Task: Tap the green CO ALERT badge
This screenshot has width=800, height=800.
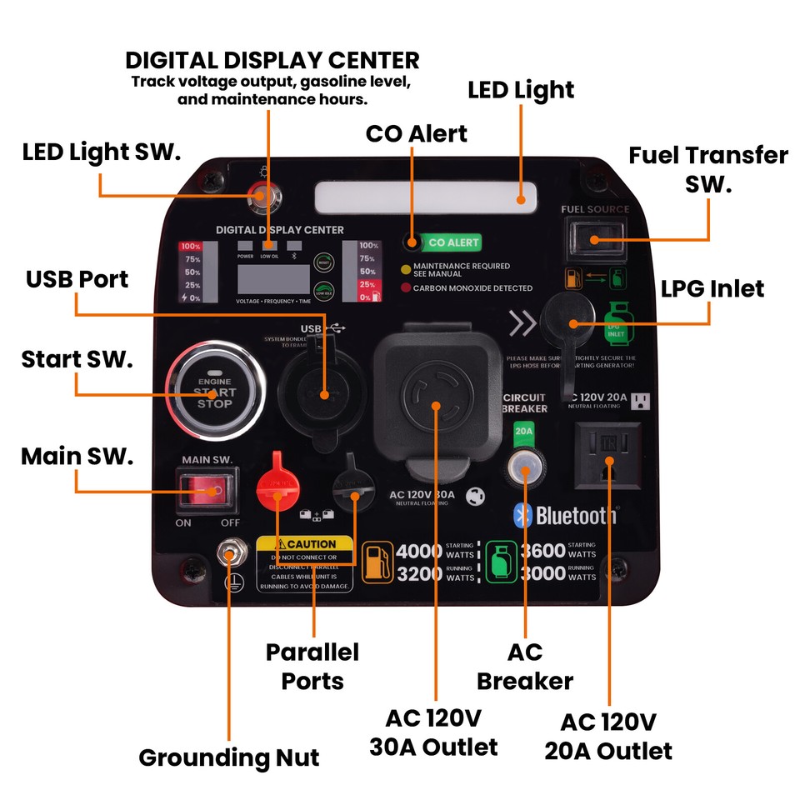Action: pos(452,242)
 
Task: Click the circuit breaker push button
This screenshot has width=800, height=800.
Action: pos(525,468)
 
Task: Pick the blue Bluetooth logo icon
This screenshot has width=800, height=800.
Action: pos(522,515)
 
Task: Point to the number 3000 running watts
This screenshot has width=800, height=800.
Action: pos(542,574)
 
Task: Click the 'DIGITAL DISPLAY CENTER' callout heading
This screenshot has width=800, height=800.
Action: pos(272,61)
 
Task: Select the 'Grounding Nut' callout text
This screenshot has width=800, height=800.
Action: pos(229,757)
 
